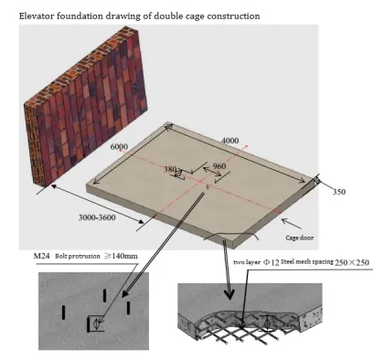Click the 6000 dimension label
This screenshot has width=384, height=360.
[119, 147]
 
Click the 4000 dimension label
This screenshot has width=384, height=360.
[230, 141]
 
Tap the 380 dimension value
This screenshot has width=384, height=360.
[171, 169]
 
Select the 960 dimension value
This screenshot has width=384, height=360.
[219, 166]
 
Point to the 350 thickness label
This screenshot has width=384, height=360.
[339, 192]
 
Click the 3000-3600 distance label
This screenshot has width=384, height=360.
[97, 217]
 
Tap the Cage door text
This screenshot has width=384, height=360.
[300, 238]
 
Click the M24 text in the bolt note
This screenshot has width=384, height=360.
[41, 256]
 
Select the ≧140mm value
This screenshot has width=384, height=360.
[121, 256]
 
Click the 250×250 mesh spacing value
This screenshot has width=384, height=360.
[352, 262]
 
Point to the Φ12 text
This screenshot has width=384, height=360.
[271, 262]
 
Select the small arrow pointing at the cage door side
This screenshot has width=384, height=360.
[292, 223]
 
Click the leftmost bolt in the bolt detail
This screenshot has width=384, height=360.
[64, 312]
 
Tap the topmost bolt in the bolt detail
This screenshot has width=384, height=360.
[105, 295]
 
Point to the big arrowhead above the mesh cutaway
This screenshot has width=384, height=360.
[229, 294]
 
